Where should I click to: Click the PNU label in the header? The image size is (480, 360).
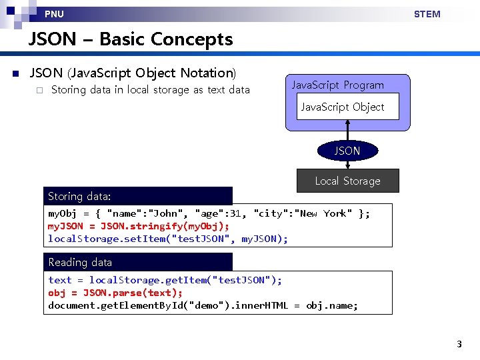54,14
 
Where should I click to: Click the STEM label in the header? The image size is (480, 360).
427,14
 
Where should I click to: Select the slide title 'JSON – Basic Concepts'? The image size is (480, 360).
131,39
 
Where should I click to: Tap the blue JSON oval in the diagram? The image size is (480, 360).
347,151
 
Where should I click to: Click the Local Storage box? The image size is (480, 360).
347,181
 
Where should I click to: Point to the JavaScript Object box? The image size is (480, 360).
342,107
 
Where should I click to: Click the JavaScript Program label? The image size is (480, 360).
337,85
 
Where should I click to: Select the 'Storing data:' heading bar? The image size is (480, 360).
138,196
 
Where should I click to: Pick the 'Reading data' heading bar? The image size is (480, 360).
138,262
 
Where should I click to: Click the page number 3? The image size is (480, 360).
459,344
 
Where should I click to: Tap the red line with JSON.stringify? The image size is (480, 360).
139,226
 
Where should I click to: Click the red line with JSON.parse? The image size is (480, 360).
115,293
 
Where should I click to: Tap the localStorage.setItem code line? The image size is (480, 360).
168,239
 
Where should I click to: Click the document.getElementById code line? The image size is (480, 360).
203,305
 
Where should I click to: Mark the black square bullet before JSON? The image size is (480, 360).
15,73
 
